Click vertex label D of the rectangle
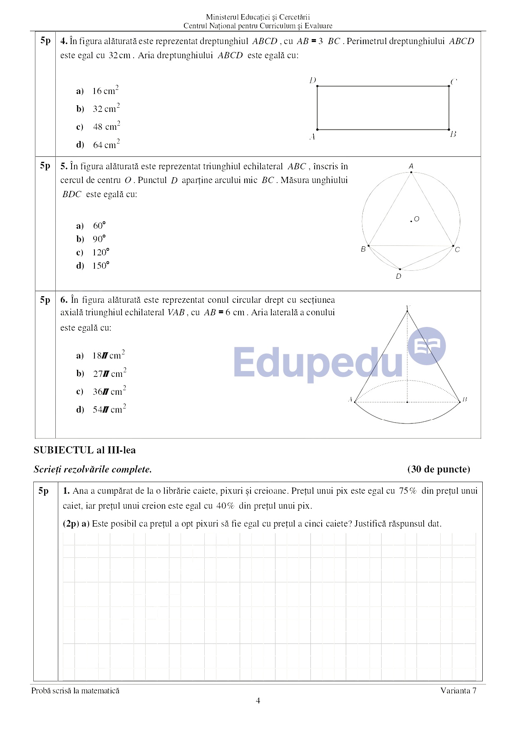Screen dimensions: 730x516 pos(313,80)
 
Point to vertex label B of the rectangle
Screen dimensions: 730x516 pos(453,134)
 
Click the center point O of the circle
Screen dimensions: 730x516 pos(411,221)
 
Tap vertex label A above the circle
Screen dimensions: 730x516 pos(411,166)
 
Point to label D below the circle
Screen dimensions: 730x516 pos(399,277)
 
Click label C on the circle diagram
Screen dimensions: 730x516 pos(457,250)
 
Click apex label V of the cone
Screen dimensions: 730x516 pos(408,308)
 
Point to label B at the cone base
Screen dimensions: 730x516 pos(465,399)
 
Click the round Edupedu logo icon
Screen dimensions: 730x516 pos(427,346)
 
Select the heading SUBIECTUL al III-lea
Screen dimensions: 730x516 pos(84,450)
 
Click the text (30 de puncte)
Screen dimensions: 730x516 pos(439,469)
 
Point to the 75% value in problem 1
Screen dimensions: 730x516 pos(408,491)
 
